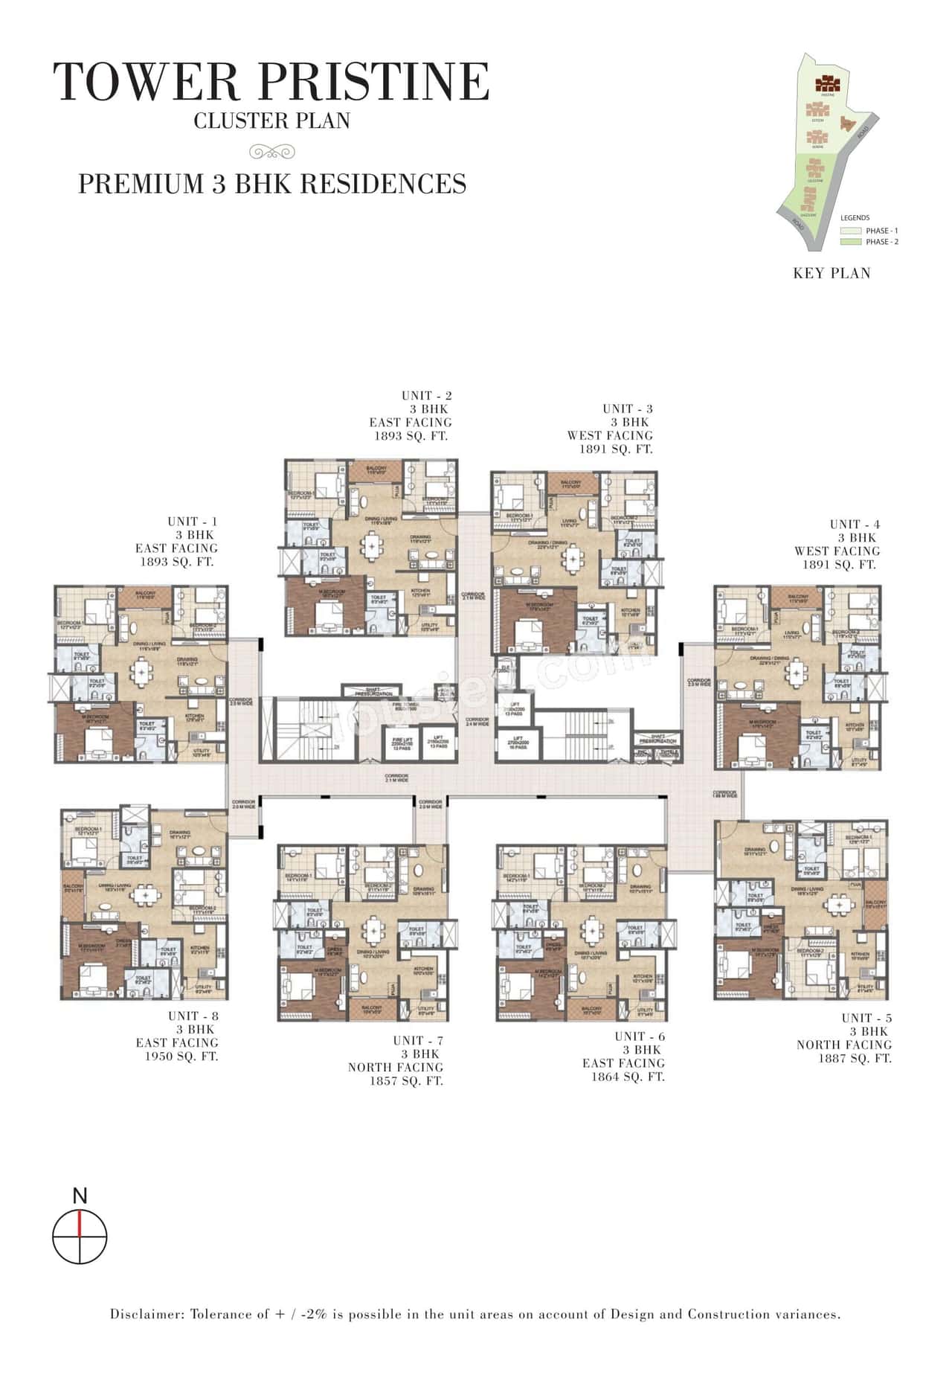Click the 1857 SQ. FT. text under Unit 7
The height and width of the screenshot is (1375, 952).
point(406,1081)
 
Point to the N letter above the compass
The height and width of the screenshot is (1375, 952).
point(80,1196)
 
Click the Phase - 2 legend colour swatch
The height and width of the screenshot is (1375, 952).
point(851,242)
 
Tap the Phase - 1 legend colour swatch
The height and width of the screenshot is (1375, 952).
point(851,231)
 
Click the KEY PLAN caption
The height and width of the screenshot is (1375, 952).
point(832,273)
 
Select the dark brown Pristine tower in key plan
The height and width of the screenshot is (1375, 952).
point(827,83)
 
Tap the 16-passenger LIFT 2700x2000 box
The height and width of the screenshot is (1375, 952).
point(515,746)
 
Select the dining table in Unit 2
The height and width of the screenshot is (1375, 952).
point(370,548)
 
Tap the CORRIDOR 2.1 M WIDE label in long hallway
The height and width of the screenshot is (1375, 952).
point(396,778)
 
